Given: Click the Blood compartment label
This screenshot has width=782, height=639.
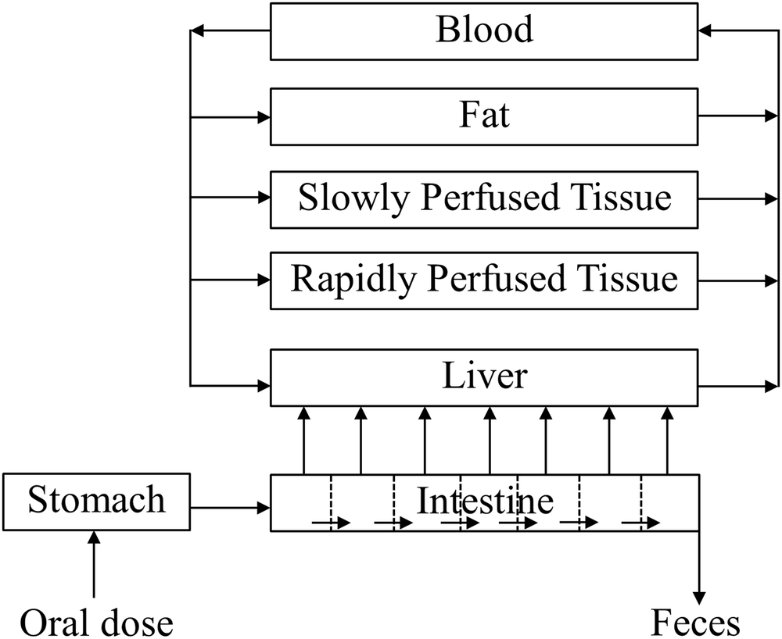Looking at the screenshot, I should click(x=484, y=30).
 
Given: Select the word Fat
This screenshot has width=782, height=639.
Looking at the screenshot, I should click(x=484, y=115).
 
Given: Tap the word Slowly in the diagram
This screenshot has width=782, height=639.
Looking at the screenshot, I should click(x=354, y=198).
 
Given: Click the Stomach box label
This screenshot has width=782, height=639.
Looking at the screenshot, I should click(x=97, y=500).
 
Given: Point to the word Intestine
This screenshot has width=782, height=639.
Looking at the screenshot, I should click(x=484, y=500).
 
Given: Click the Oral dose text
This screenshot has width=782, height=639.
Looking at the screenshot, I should click(x=96, y=623).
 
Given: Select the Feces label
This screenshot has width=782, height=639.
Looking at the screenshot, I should click(x=695, y=623).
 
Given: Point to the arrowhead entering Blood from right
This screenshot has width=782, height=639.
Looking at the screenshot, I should click(x=707, y=30).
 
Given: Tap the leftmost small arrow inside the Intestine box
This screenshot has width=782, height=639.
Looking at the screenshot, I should click(x=331, y=523).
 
